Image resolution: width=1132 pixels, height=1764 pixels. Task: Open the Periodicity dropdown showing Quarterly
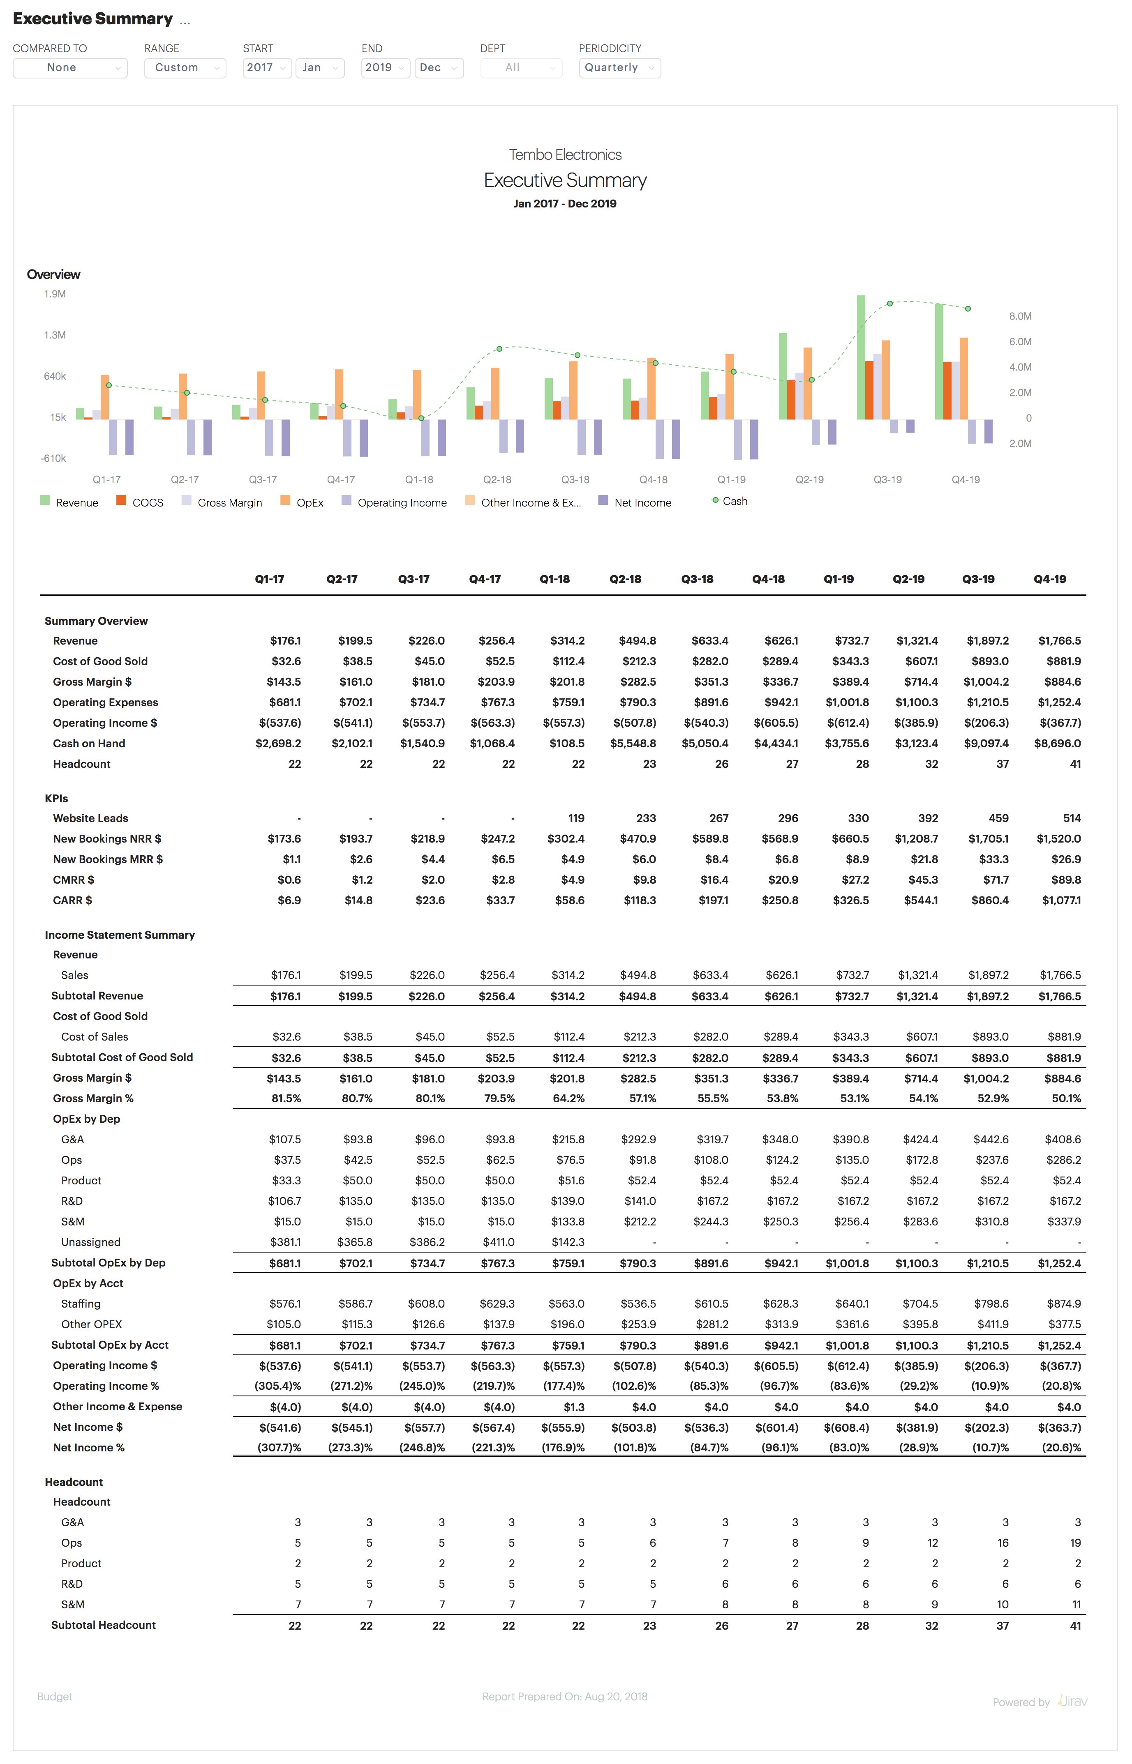tap(619, 68)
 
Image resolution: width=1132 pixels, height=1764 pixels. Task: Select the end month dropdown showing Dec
tap(438, 68)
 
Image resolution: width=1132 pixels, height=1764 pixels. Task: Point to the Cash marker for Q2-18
tap(499, 349)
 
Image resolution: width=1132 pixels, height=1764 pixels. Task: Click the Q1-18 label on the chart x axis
tap(419, 480)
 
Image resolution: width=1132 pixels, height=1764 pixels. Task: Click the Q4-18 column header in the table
tap(768, 579)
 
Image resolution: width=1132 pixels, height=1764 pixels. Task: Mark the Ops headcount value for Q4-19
tap(1075, 1543)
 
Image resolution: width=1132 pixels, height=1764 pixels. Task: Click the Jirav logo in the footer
tap(1072, 1702)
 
